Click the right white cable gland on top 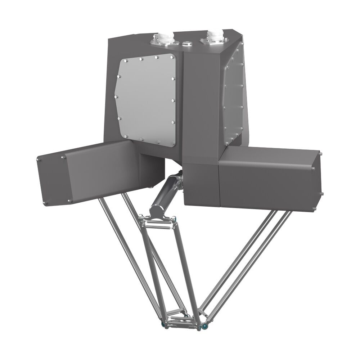[215, 36]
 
